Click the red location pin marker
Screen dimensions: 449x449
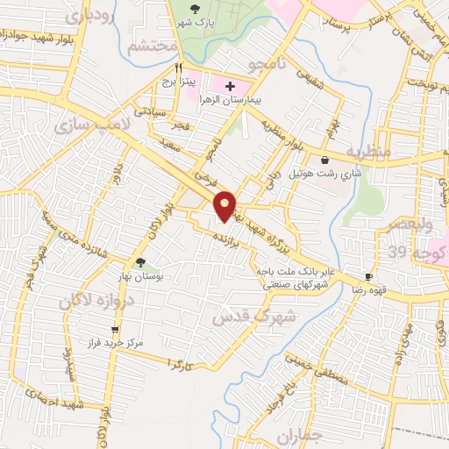[x=225, y=205]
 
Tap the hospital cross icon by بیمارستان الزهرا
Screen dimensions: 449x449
[x=231, y=87]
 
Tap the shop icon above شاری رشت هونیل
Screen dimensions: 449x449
[x=326, y=160]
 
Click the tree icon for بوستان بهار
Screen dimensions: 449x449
[x=140, y=261]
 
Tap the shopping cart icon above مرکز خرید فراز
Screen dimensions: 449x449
[x=115, y=330]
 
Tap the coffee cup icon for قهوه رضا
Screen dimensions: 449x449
[x=368, y=275]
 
